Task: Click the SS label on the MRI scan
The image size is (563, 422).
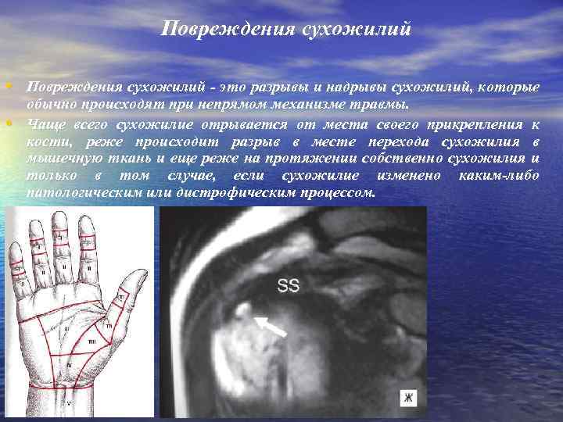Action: pyautogui.click(x=288, y=287)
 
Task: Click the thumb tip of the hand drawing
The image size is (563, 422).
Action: pyautogui.click(x=141, y=274)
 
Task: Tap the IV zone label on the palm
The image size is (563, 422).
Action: pyautogui.click(x=70, y=364)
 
